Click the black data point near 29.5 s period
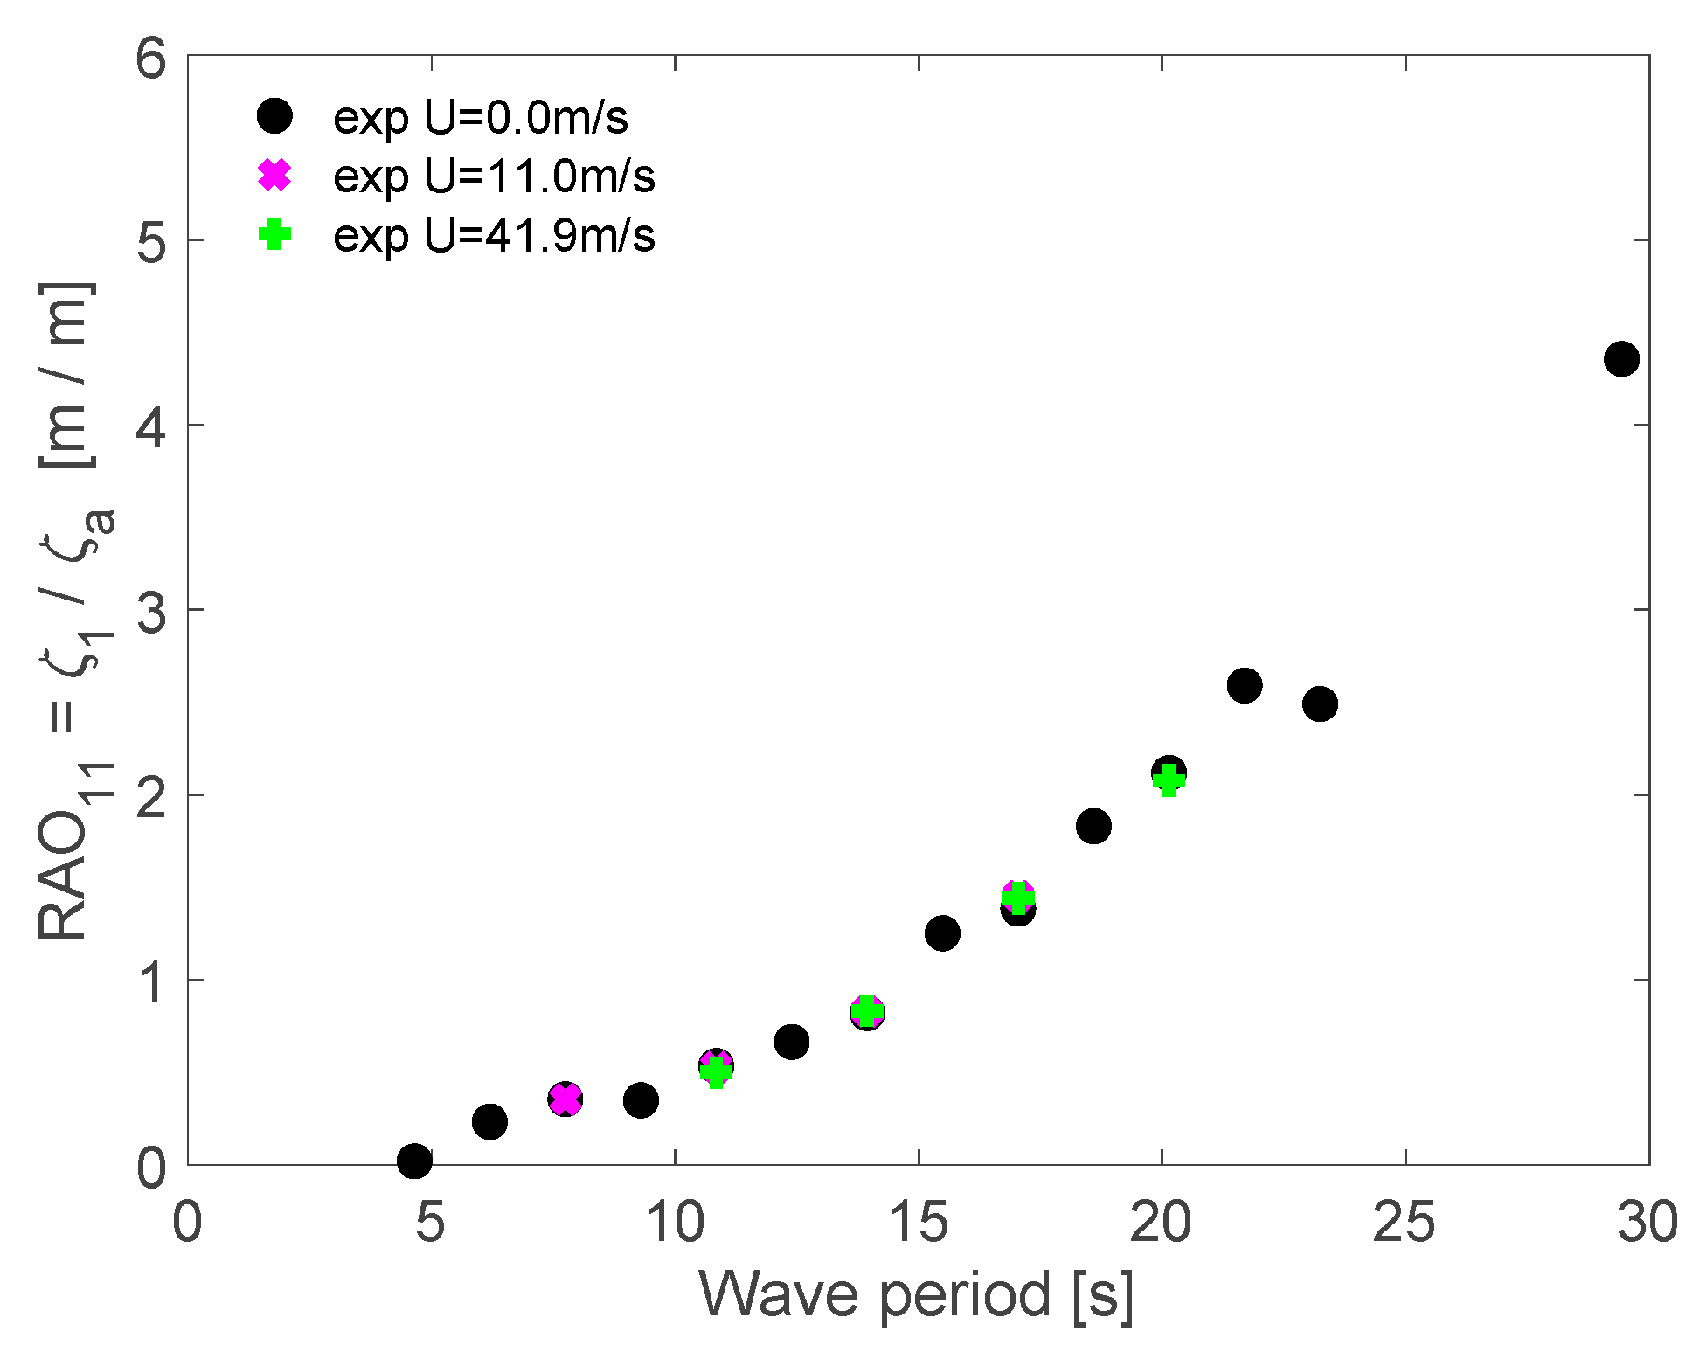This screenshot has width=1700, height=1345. [1620, 358]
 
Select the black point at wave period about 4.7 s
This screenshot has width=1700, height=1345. [414, 1161]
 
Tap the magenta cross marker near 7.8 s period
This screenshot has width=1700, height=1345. [566, 1099]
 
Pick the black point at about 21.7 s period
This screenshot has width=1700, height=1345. [1244, 685]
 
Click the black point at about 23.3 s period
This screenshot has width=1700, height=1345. [1320, 704]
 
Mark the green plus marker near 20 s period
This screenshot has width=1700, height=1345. [1169, 780]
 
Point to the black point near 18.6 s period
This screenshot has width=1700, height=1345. [1093, 826]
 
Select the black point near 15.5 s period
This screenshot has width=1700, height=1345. [942, 932]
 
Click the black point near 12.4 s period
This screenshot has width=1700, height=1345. [791, 1042]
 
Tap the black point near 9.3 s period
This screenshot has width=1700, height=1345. [641, 1100]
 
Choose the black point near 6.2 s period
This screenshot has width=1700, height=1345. [489, 1121]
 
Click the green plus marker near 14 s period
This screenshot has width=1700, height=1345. [866, 1011]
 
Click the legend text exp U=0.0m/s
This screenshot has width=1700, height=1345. [480, 117]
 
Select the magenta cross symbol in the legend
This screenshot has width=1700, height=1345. [274, 176]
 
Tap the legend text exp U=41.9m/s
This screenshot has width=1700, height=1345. [494, 235]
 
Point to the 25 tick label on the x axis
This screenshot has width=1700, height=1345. [1404, 1222]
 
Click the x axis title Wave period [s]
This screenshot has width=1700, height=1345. [916, 1294]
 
